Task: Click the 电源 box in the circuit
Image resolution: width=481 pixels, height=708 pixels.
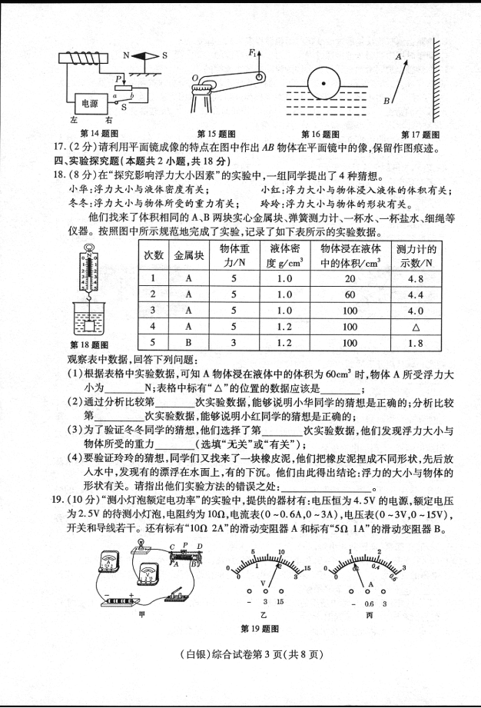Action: click(85, 101)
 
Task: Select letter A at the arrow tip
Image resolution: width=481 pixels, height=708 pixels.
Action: click(397, 57)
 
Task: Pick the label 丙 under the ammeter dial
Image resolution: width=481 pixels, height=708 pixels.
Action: click(369, 615)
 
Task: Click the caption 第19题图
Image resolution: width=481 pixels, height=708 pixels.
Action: click(259, 630)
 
